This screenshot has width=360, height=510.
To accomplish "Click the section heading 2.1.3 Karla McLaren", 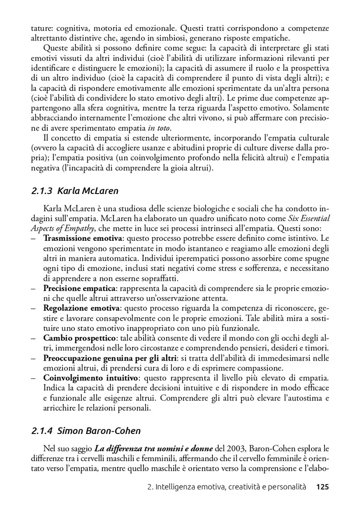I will pos(75,191).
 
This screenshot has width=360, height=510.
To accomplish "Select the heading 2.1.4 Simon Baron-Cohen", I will pos(86,431).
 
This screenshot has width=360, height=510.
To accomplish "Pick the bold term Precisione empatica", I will pos(79,288).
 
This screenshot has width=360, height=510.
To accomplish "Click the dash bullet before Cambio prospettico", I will pos(34,338).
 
